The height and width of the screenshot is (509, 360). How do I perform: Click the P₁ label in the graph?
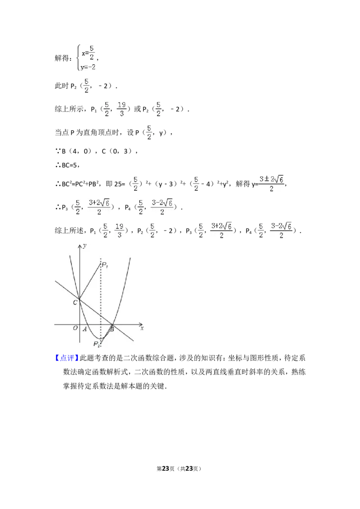(x=104, y=265)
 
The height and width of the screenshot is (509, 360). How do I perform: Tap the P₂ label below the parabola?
(x=96, y=344)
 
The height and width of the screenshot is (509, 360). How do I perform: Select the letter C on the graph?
(x=75, y=303)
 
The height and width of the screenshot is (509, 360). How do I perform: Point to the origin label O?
(x=75, y=328)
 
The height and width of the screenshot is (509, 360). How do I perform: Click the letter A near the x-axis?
(x=85, y=329)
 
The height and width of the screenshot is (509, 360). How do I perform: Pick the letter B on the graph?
(x=112, y=330)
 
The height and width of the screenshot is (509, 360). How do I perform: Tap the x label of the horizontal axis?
(x=142, y=329)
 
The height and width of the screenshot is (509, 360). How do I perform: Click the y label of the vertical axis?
(x=85, y=245)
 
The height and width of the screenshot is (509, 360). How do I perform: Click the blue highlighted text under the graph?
(x=67, y=358)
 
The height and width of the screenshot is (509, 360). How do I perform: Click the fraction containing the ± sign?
(x=270, y=183)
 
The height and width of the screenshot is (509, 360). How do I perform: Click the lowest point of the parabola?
(x=95, y=339)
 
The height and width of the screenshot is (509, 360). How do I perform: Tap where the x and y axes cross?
(x=79, y=324)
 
